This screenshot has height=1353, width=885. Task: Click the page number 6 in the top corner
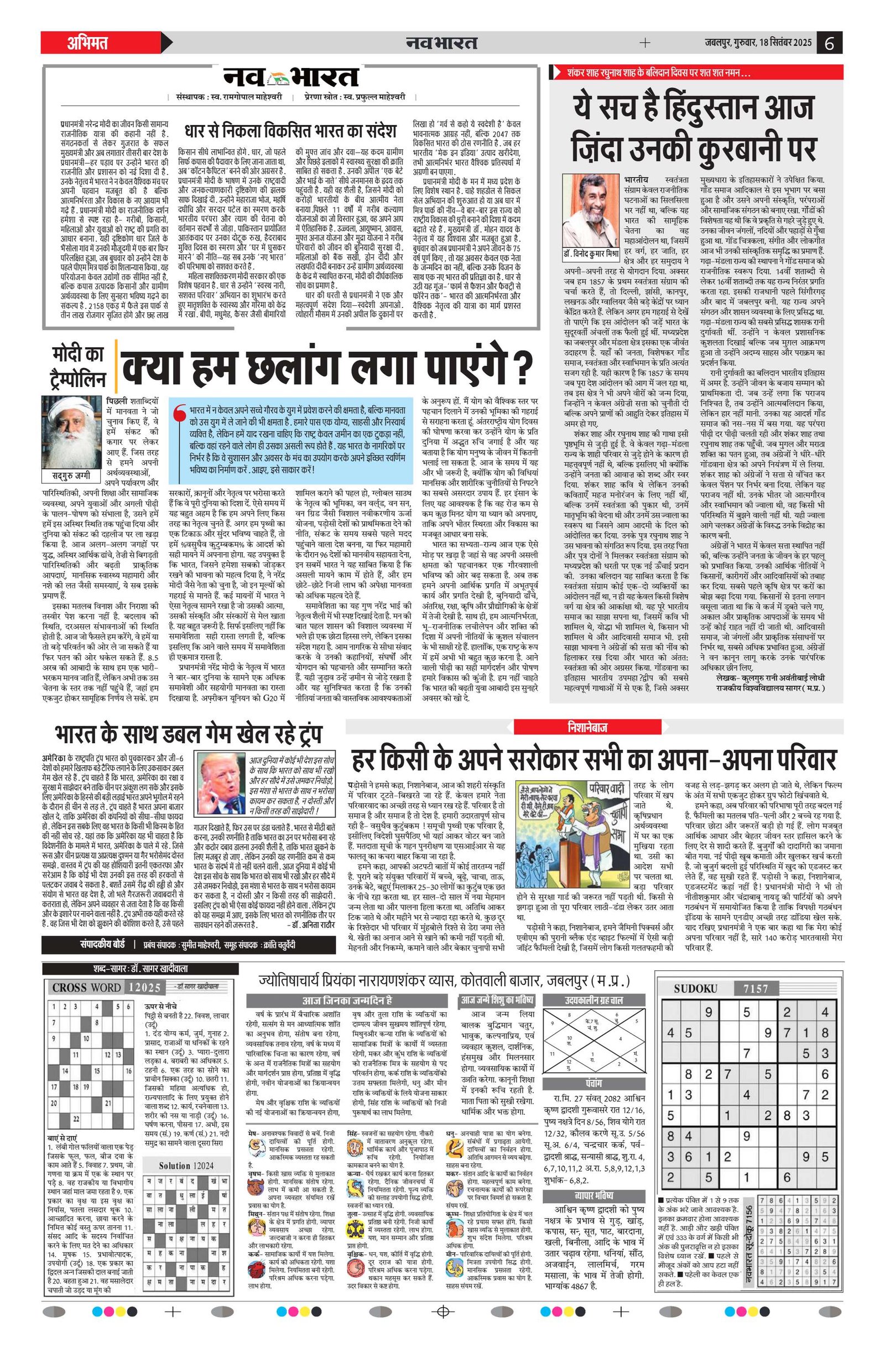tap(829, 43)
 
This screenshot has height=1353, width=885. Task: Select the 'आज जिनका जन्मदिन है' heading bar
tap(348, 1000)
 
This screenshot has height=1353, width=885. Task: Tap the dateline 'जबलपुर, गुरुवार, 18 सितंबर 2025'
tap(756, 43)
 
